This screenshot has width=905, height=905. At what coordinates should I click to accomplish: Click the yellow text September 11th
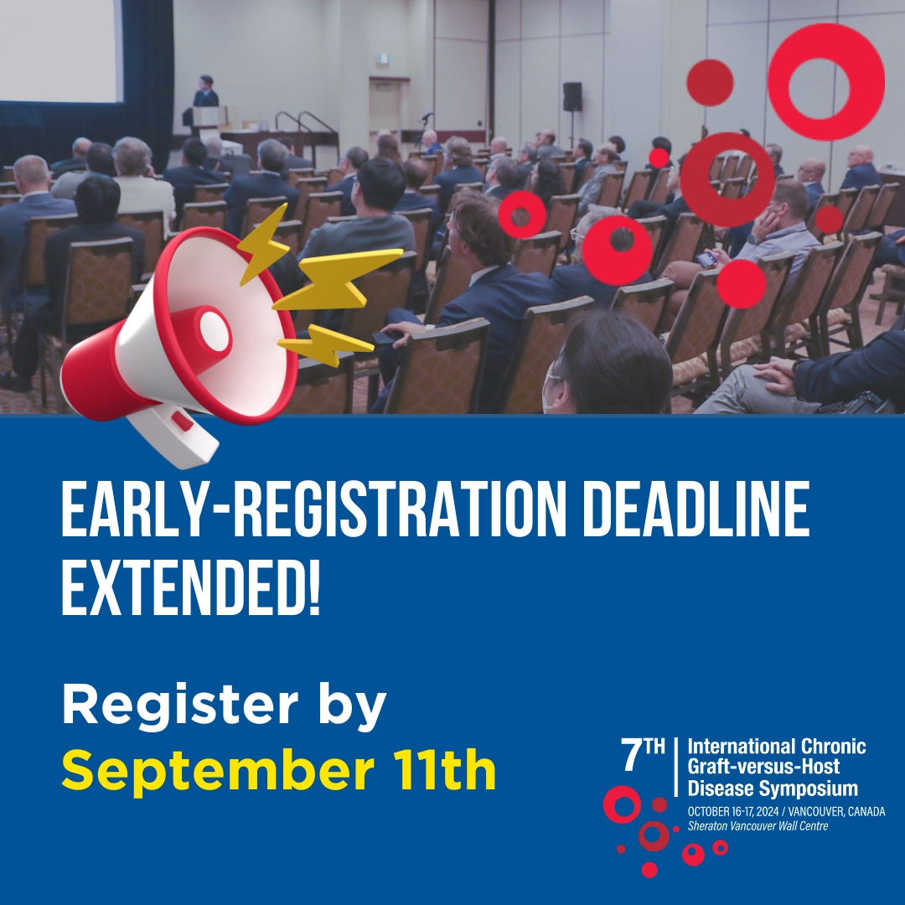pos(278,772)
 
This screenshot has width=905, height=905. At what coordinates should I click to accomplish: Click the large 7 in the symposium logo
pos(631,757)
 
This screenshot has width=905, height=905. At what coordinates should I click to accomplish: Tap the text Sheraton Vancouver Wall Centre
pos(758,826)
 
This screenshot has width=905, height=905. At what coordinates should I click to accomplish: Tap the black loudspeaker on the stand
pos(572,96)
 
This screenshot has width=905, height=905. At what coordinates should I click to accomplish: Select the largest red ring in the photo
pos(825,81)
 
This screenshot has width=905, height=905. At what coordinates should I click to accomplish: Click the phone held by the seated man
pos(706,260)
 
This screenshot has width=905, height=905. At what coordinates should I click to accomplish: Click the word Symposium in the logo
pos(815,789)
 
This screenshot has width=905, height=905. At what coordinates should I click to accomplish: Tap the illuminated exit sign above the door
pos(382,59)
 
